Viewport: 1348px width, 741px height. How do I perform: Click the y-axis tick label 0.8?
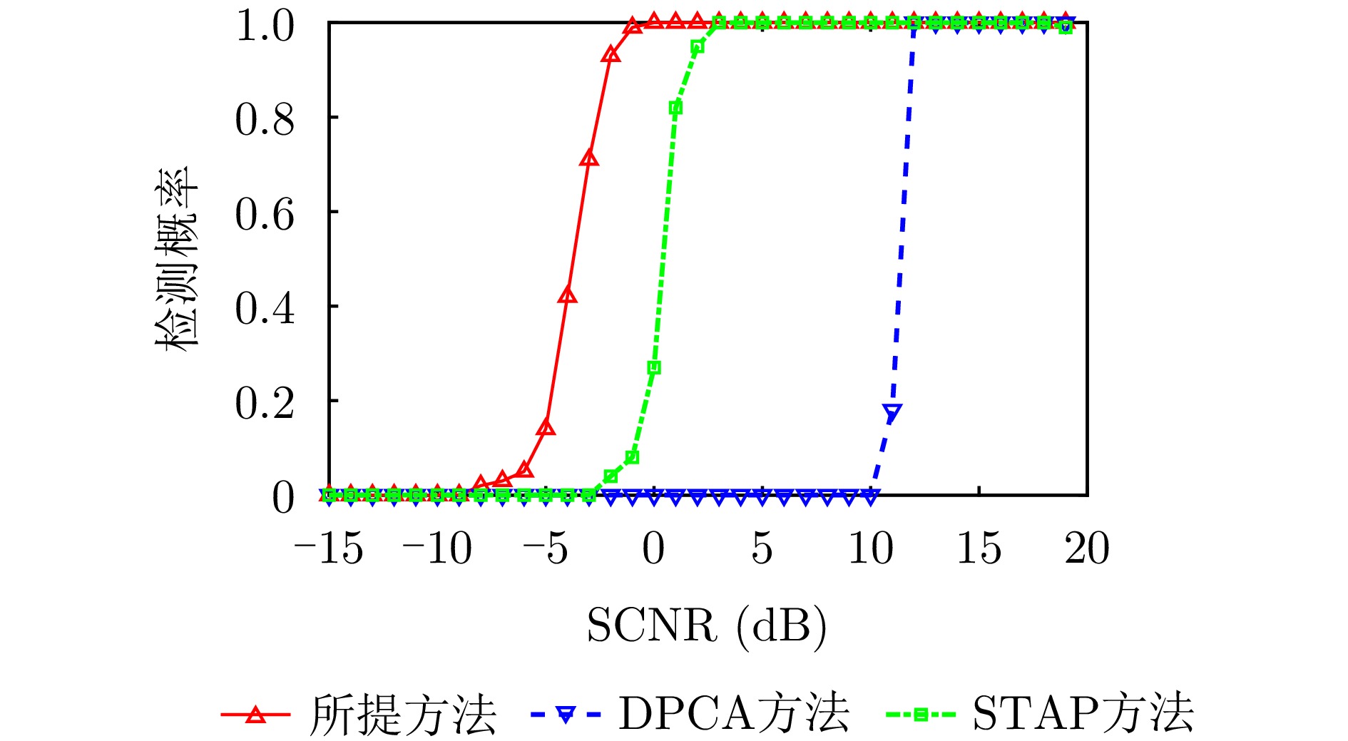click(265, 119)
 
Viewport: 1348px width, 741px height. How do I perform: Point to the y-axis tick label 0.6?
click(265, 214)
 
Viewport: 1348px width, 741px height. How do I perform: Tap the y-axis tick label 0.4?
click(265, 309)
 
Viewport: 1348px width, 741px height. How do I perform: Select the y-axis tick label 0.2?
click(265, 404)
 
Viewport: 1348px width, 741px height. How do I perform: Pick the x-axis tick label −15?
click(329, 548)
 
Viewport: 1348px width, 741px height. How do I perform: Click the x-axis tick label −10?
click(437, 548)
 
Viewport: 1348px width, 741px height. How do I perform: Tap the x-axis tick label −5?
click(546, 548)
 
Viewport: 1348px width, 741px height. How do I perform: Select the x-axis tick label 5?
click(762, 548)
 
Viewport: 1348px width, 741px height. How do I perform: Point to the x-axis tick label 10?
click(870, 548)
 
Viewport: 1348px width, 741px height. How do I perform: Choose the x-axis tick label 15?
click(979, 548)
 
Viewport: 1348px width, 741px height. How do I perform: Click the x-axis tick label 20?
click(1087, 548)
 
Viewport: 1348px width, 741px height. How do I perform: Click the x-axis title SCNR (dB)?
click(707, 626)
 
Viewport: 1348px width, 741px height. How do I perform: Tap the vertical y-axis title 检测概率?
click(176, 258)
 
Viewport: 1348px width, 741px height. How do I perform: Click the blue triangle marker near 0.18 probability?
click(892, 412)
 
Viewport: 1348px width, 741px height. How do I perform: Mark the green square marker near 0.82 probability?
click(675, 108)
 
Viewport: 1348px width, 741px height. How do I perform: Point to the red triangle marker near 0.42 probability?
click(567, 295)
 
